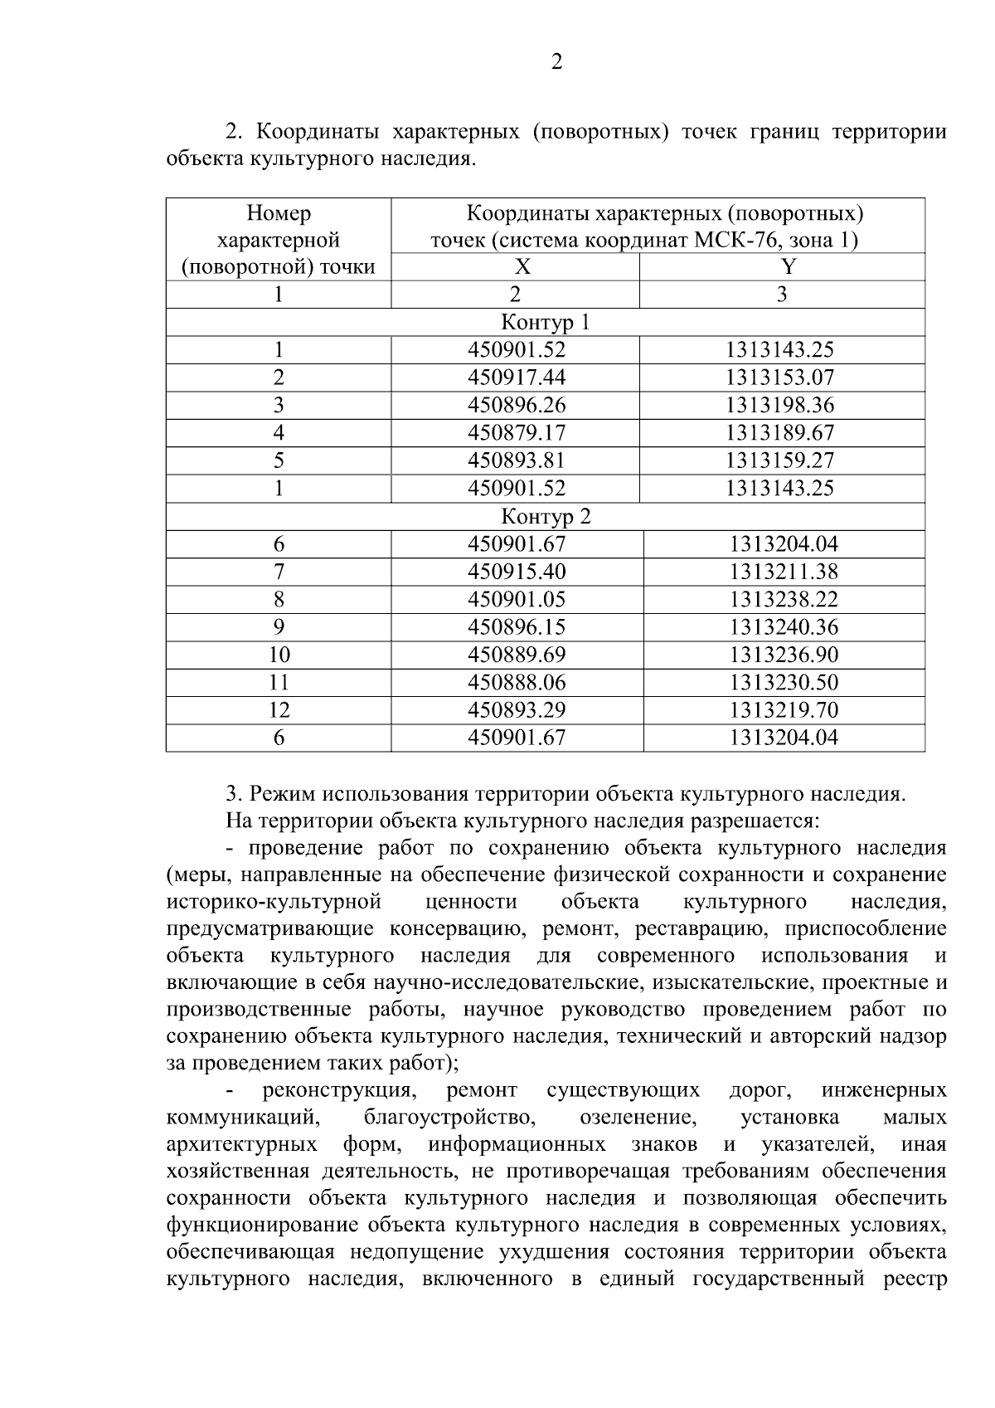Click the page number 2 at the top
tap(556, 62)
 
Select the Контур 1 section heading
tap(545, 322)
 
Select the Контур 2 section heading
tap(545, 517)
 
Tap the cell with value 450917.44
tap(517, 378)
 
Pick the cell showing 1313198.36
tap(780, 405)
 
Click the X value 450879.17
tap(517, 432)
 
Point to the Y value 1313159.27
tap(780, 460)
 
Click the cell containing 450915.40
tap(517, 572)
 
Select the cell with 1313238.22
tap(784, 599)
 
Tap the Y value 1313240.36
tap(784, 626)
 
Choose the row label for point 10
tap(279, 655)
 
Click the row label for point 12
tap(279, 710)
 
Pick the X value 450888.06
tap(517, 682)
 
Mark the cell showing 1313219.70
tap(784, 710)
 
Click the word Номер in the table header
tap(279, 214)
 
